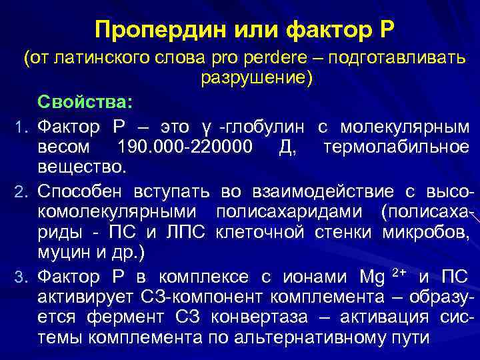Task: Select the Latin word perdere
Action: (x=255, y=59)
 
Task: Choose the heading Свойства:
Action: (x=85, y=103)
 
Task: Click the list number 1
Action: (x=20, y=127)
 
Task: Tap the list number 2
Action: (x=20, y=193)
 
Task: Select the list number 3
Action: (x=20, y=277)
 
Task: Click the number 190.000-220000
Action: (x=185, y=147)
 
